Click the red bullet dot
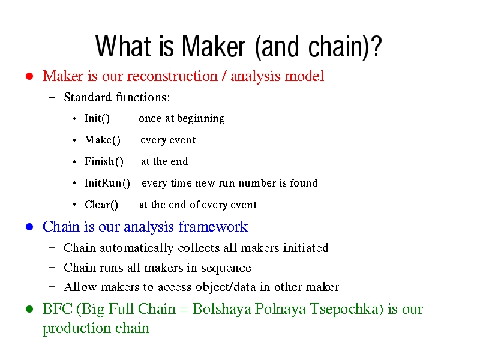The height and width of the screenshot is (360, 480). (29, 76)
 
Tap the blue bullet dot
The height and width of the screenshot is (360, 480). (29, 227)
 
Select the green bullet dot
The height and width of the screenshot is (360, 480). (29, 309)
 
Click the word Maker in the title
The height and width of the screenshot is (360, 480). (214, 47)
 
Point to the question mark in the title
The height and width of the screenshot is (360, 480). (376, 47)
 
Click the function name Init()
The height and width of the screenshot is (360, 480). (97, 118)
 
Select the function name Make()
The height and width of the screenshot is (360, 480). (103, 140)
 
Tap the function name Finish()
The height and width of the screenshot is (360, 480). (104, 161)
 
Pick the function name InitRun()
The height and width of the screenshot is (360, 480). (107, 183)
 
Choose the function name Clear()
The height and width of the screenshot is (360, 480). (101, 205)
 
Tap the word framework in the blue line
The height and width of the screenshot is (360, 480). (213, 227)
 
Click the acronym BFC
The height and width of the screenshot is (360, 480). (58, 308)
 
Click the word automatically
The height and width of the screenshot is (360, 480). (137, 248)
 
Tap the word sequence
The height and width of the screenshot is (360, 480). (226, 268)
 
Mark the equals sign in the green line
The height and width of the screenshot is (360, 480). (184, 310)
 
